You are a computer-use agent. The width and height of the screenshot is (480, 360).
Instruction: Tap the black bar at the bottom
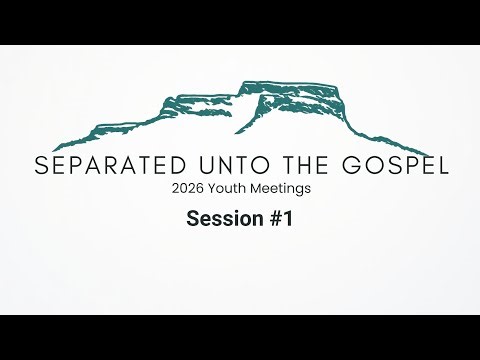240,337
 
